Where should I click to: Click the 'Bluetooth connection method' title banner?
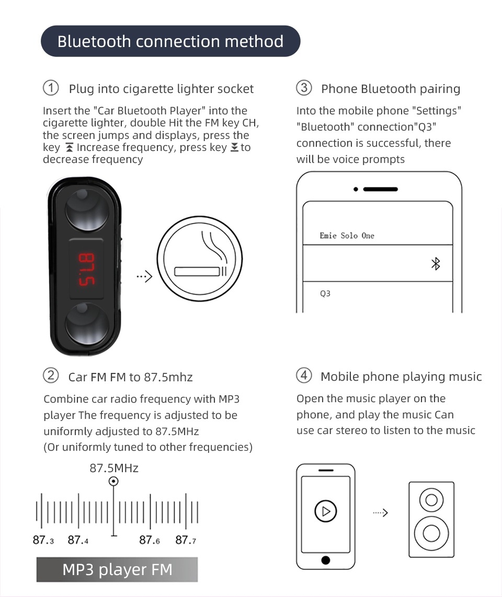coord(170,41)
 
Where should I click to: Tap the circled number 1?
coord(50,88)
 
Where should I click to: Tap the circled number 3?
coord(304,88)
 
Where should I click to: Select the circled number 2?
coord(50,376)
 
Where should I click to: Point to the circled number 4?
coord(304,376)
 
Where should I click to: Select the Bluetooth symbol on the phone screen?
coord(435,264)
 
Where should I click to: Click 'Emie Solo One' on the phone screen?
coord(347,236)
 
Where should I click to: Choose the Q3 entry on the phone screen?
coord(325,294)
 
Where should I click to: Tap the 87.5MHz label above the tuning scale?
coord(114,468)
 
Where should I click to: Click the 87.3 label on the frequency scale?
coord(43,540)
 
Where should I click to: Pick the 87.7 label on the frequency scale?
coord(186,540)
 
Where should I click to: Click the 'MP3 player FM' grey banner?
coord(117,569)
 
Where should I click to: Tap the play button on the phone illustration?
coord(325,511)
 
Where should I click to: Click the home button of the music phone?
coord(326,560)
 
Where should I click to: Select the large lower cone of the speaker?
coord(431,533)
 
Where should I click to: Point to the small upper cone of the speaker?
coord(431,500)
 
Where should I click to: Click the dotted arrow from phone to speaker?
coord(380,513)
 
